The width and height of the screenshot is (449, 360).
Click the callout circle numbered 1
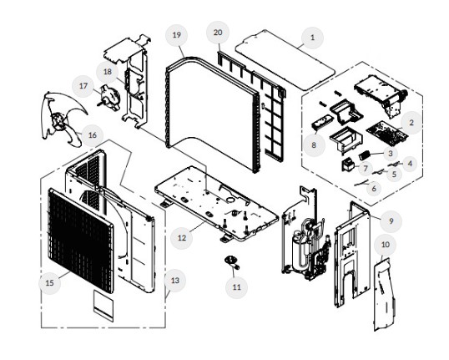click(312, 38)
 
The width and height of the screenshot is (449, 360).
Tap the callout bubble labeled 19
click(177, 35)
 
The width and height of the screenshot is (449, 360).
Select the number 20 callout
click(218, 33)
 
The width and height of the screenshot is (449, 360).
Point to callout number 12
click(182, 237)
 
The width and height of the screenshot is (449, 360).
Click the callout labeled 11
click(236, 287)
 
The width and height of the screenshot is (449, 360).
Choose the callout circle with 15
click(49, 283)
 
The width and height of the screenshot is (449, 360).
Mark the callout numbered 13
click(175, 281)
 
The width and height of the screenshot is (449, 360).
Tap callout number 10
click(386, 245)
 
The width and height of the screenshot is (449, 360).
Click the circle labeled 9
click(391, 221)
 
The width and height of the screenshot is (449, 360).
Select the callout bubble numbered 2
click(411, 123)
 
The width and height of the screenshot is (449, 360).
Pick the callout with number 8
click(314, 145)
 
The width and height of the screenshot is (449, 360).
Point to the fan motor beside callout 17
click(109, 98)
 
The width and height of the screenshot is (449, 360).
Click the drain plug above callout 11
click(232, 262)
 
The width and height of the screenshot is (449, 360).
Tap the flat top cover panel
click(285, 60)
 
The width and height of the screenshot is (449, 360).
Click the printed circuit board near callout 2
click(386, 133)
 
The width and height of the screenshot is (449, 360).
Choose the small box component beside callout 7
click(348, 165)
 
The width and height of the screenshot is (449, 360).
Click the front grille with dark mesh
click(80, 241)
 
